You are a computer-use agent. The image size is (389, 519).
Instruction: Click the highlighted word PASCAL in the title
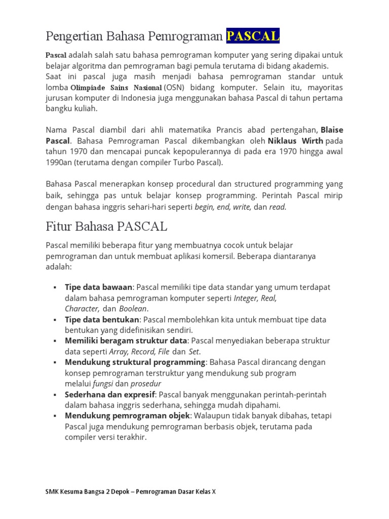click(x=253, y=36)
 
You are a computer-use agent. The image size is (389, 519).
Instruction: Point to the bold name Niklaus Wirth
click(x=296, y=140)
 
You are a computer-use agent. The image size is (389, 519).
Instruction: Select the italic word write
click(x=242, y=207)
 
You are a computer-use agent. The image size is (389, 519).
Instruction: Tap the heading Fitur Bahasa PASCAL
click(x=106, y=226)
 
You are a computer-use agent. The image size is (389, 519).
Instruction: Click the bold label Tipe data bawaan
click(x=99, y=287)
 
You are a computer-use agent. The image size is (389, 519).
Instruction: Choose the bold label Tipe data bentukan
click(x=102, y=320)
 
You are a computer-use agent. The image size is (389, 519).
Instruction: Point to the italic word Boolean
click(x=133, y=309)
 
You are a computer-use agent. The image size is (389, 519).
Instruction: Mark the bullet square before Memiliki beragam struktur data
click(x=55, y=341)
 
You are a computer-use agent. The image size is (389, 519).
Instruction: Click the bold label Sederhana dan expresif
click(x=108, y=394)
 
